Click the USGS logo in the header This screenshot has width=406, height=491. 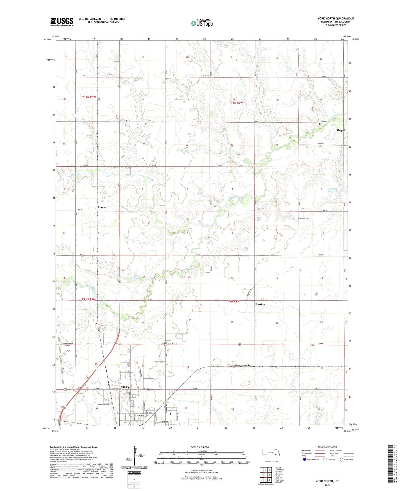click(62, 21)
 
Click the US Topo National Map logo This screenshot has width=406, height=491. click(202, 23)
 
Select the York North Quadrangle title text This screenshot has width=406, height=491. click(335, 19)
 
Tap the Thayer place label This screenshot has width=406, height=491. click(341, 130)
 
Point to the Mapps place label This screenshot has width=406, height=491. click(102, 207)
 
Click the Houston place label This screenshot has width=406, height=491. click(260, 304)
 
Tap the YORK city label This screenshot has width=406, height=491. click(125, 387)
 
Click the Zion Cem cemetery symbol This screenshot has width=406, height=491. click(320, 124)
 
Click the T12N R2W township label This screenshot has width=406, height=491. click(235, 103)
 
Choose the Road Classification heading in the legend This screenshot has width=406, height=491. click(327, 447)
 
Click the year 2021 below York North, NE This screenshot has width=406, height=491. click(327, 485)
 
